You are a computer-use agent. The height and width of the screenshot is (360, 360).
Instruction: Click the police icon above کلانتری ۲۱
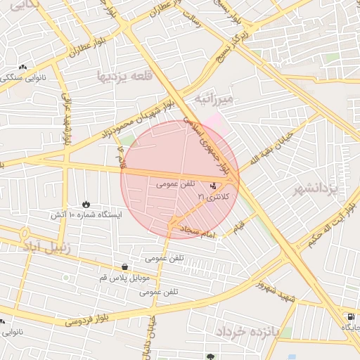coord(213,186)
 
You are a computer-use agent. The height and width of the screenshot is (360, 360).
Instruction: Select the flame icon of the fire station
coord(86,203)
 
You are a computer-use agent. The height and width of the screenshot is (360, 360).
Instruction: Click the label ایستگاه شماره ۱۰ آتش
coord(84,214)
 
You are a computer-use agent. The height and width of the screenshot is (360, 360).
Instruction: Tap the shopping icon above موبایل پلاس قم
coord(125,267)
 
